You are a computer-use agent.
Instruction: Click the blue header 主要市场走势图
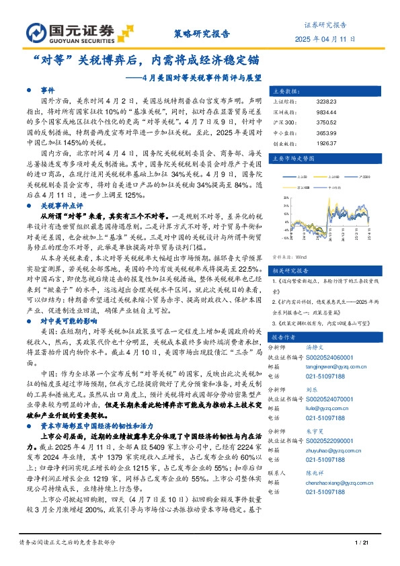292,159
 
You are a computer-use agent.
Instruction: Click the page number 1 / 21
366,542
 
